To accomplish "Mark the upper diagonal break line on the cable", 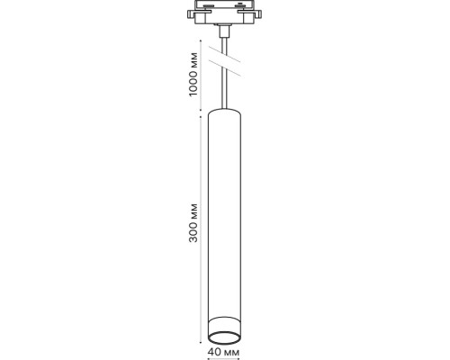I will pyautogui.click(x=224, y=58).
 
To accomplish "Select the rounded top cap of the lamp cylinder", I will pyautogui.click(x=224, y=112).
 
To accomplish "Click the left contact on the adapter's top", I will pyautogui.click(x=210, y=8).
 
